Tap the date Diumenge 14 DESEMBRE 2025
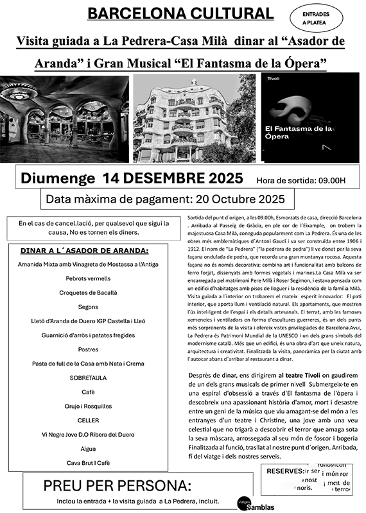(132, 178)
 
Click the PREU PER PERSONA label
(117, 485)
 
